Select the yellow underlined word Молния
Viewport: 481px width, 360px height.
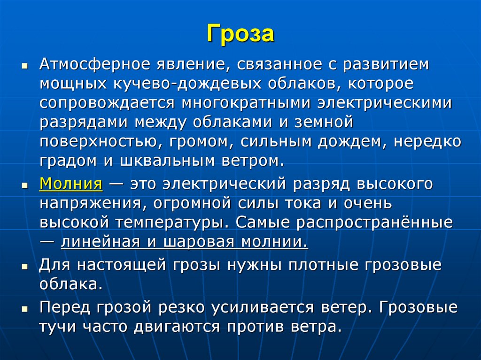[71, 184]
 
